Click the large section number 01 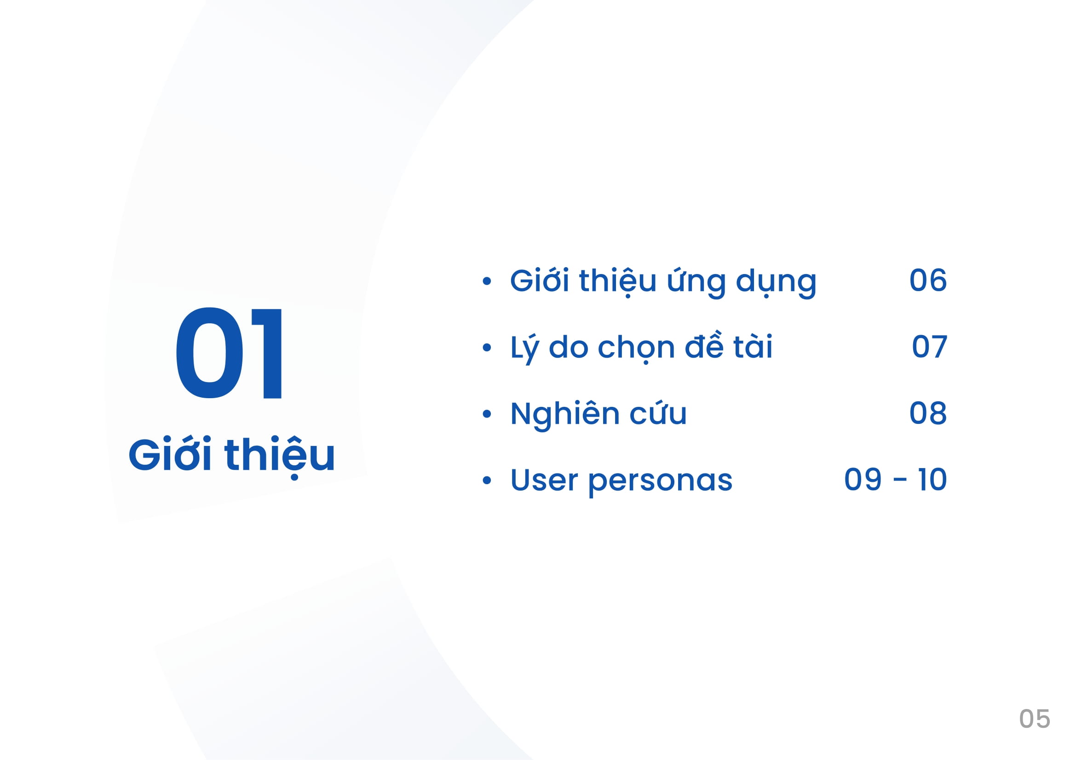(x=229, y=353)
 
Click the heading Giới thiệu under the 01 (x=232, y=456)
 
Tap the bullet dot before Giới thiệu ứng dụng (x=486, y=281)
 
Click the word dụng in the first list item (x=776, y=282)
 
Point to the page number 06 (x=928, y=280)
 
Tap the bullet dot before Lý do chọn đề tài (x=486, y=348)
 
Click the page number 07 (x=930, y=347)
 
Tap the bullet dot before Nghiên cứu (x=486, y=414)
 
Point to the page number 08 (x=928, y=413)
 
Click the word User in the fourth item (x=544, y=480)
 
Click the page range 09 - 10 (x=896, y=480)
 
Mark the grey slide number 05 (x=1035, y=719)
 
